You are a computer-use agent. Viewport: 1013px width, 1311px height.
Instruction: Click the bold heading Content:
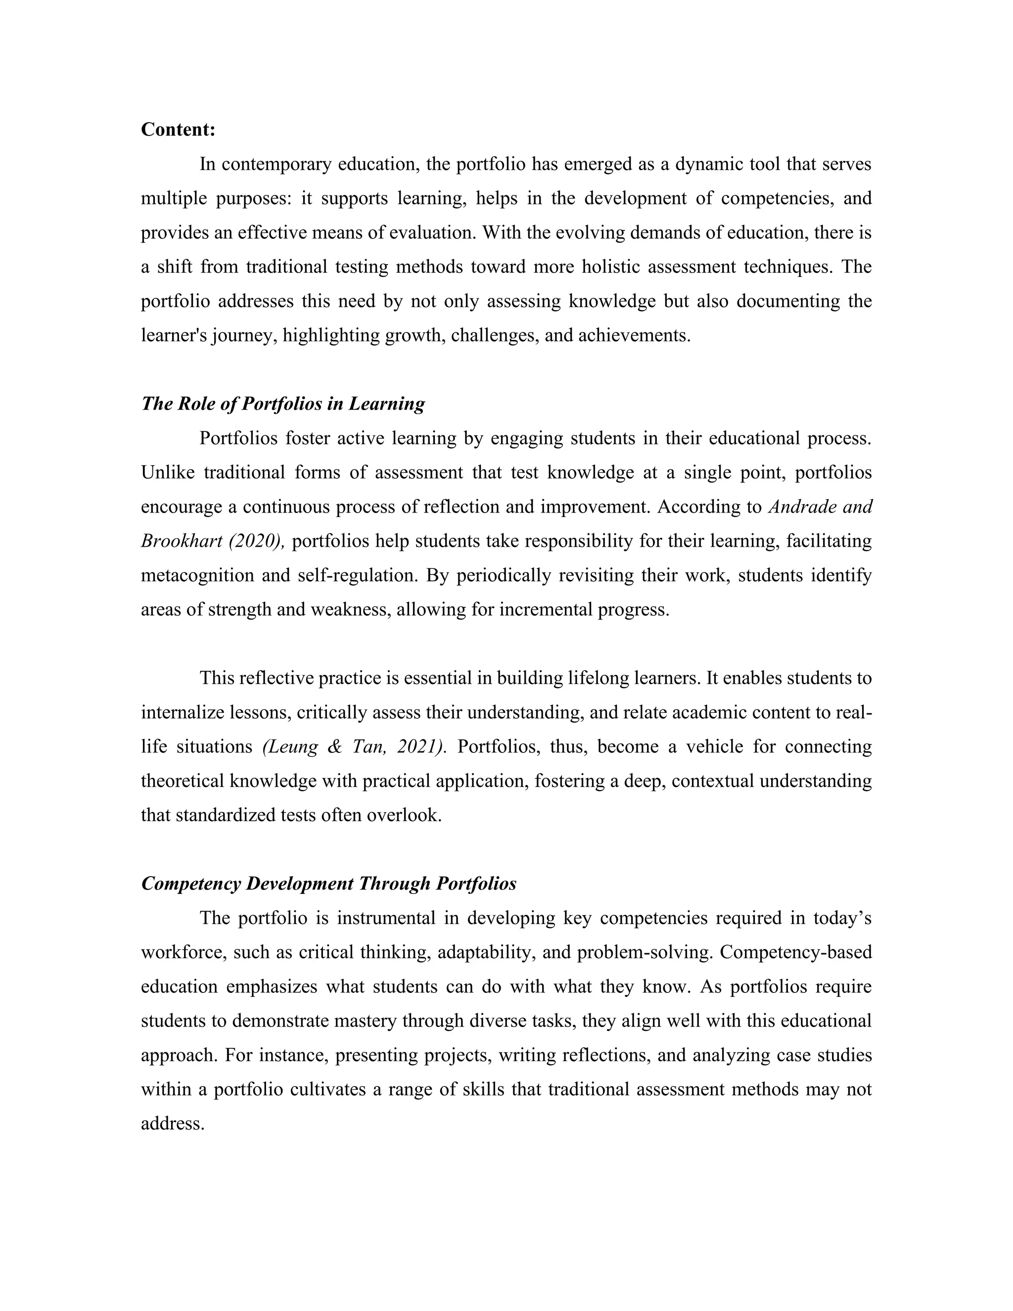click(x=178, y=130)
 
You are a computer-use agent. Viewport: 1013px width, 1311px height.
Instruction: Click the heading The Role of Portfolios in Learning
click(x=282, y=403)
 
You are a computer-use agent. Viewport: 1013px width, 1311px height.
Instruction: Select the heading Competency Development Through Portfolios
click(x=328, y=884)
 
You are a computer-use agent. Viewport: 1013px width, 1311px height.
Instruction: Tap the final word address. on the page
click(x=173, y=1124)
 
